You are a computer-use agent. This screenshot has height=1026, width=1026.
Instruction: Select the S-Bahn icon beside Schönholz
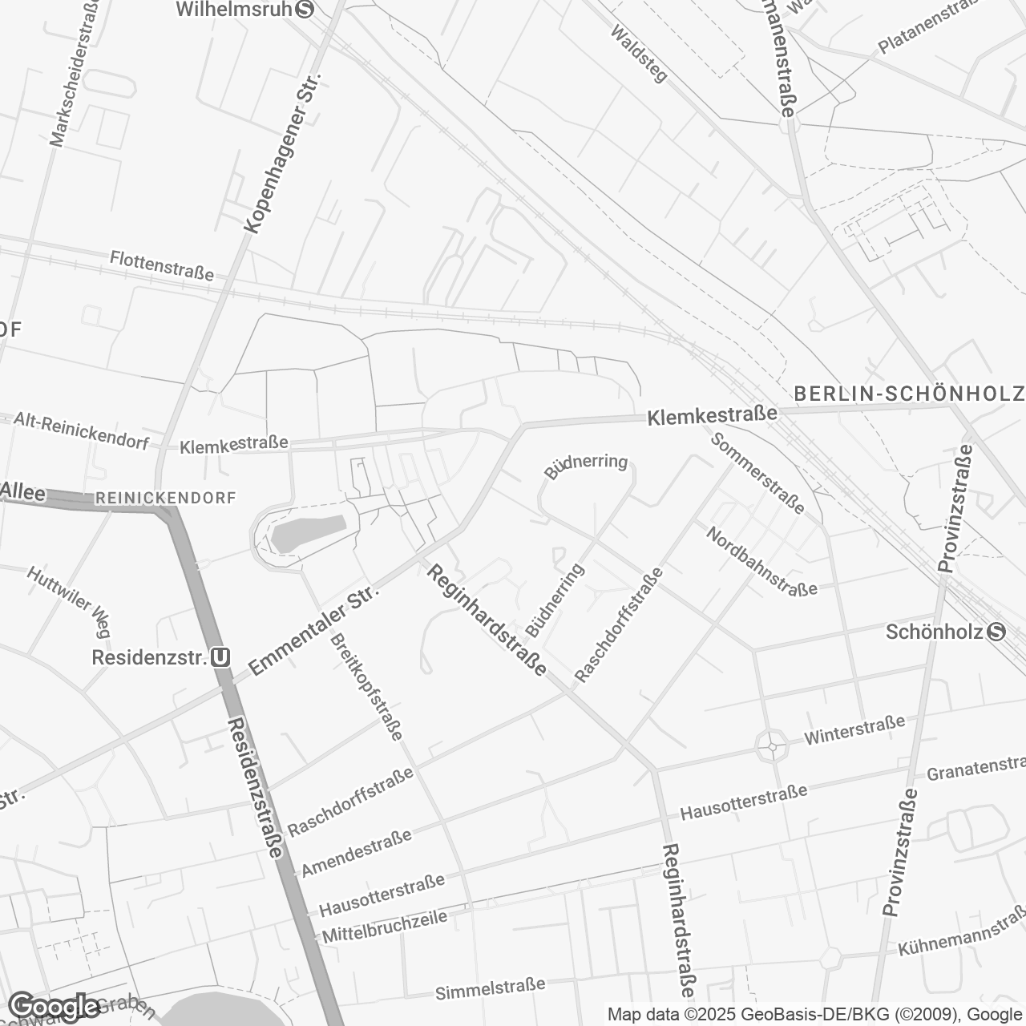click(996, 632)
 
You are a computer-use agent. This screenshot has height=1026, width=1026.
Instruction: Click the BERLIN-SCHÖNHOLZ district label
click(909, 394)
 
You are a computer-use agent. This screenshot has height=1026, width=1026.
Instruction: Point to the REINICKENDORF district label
click(166, 498)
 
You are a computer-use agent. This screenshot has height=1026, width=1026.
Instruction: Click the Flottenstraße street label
click(163, 266)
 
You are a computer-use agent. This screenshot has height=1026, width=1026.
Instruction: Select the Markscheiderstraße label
click(75, 73)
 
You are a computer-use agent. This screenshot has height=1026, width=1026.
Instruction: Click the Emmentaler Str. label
click(313, 630)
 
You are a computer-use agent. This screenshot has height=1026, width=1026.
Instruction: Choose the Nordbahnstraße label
click(761, 561)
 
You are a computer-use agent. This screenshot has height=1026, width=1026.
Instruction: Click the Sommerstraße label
click(757, 472)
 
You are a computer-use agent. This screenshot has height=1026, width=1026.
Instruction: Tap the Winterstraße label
click(855, 729)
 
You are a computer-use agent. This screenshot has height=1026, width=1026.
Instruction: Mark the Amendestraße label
click(356, 853)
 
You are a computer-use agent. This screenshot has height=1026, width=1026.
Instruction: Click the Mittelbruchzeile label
click(384, 924)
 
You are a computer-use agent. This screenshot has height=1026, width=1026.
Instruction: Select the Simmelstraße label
click(490, 989)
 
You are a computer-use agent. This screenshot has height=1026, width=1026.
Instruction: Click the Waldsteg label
click(639, 54)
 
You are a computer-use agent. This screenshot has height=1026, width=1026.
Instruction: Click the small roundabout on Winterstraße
click(772, 746)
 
